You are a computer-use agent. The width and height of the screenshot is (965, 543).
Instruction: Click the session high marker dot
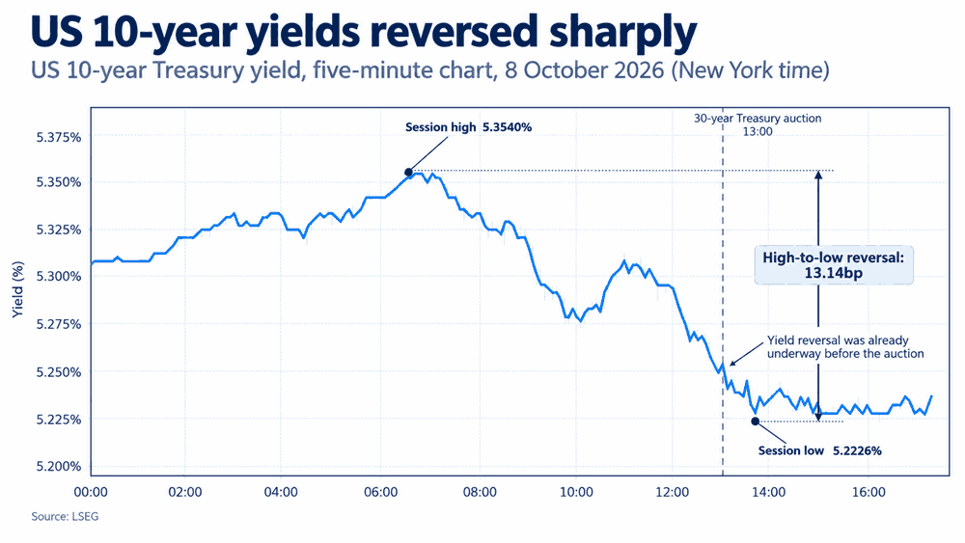pyautogui.click(x=408, y=173)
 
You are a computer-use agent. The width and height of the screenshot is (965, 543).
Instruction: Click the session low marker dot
pyautogui.click(x=756, y=421)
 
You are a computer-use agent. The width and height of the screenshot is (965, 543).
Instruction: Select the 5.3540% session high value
pyautogui.click(x=507, y=127)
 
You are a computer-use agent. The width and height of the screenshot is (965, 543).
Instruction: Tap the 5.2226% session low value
pyautogui.click(x=857, y=450)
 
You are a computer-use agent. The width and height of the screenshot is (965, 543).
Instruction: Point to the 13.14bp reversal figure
pyautogui.click(x=834, y=273)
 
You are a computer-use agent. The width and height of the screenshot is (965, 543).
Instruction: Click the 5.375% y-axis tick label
pyautogui.click(x=59, y=137)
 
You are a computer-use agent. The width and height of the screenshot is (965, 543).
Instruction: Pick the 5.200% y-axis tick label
pyautogui.click(x=59, y=466)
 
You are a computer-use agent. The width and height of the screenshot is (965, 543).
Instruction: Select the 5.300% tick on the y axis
pyautogui.click(x=59, y=277)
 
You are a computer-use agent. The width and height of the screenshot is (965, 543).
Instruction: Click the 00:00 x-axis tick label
pyautogui.click(x=91, y=492)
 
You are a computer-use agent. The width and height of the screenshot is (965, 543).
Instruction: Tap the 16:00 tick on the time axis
pyautogui.click(x=868, y=492)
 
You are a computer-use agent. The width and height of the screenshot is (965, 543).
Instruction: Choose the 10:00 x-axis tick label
pyautogui.click(x=576, y=492)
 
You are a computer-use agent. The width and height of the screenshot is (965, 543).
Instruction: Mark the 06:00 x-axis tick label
pyautogui.click(x=381, y=492)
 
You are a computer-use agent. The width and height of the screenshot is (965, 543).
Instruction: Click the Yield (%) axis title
pyautogui.click(x=17, y=289)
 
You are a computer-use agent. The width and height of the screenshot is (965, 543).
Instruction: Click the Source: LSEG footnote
pyautogui.click(x=65, y=517)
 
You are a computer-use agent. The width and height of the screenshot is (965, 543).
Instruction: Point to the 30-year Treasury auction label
pyautogui.click(x=758, y=118)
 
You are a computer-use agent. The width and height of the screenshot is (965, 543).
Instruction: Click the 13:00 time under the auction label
pyautogui.click(x=757, y=131)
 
